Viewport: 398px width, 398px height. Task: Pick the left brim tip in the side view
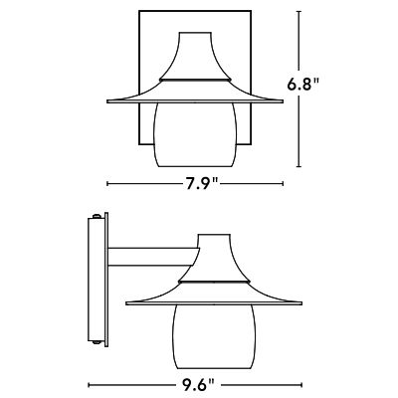coord(126,300)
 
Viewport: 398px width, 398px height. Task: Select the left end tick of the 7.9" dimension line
coord(106,182)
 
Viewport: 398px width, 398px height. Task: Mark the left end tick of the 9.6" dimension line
coord(89,382)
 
